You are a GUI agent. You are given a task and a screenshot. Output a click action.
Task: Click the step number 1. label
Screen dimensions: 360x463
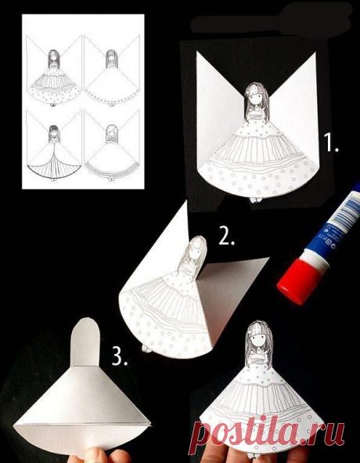pyautogui.click(x=331, y=143)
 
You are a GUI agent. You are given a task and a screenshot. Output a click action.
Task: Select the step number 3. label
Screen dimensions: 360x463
pyautogui.click(x=120, y=355)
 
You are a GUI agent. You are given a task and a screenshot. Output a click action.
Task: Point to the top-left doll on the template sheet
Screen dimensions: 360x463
pyautogui.click(x=53, y=78)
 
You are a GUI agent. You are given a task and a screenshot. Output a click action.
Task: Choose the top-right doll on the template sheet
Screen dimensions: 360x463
pyautogui.click(x=111, y=78)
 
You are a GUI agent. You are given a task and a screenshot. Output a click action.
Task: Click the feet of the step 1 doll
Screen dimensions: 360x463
pyautogui.click(x=256, y=200)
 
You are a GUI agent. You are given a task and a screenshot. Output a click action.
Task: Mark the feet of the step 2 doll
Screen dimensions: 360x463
pyautogui.click(x=147, y=349)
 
